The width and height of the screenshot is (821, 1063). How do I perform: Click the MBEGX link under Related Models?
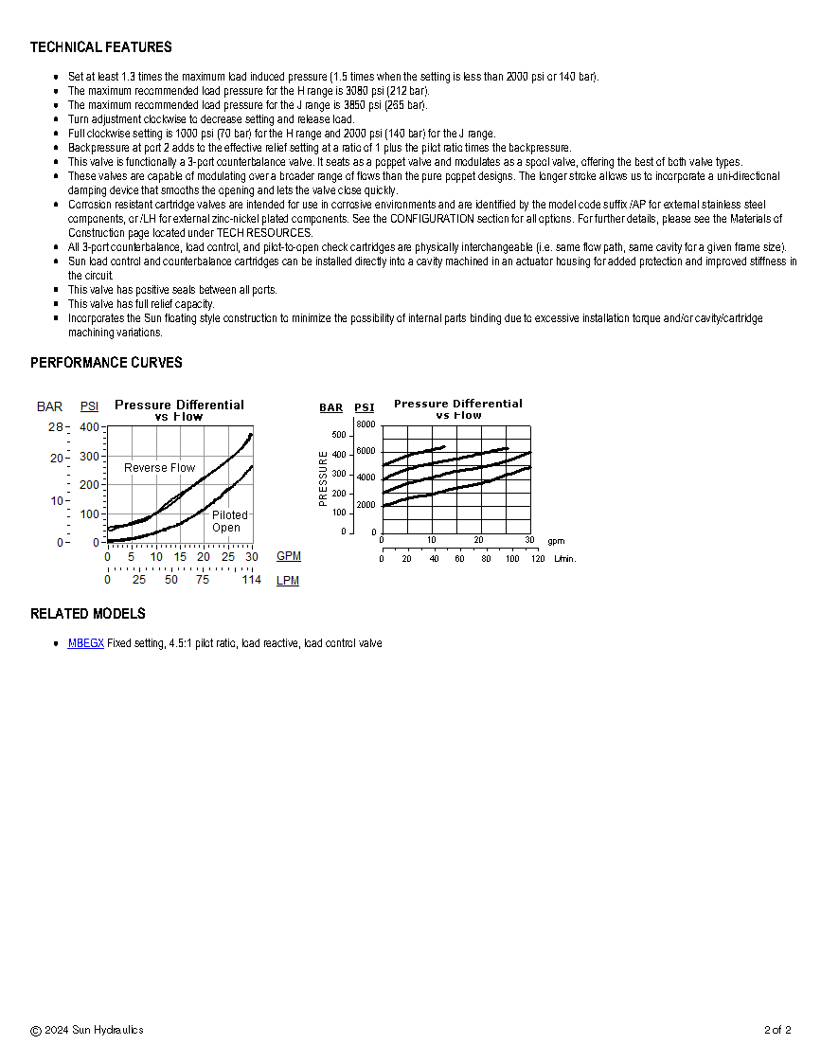(85, 643)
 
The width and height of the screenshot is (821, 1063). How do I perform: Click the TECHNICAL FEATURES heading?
(101, 47)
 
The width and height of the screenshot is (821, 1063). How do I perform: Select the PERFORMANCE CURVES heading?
(106, 363)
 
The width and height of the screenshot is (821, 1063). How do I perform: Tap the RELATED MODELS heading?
(88, 614)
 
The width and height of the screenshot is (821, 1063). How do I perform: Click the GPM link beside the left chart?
(289, 556)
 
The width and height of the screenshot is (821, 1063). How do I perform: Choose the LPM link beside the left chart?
(288, 581)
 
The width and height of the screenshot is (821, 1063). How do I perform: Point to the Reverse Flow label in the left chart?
(159, 468)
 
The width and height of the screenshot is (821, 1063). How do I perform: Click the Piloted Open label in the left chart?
(228, 521)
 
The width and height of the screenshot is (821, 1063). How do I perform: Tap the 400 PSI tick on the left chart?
(90, 427)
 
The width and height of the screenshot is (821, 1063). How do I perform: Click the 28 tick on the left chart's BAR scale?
(56, 427)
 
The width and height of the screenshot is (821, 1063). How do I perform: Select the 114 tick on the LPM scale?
(251, 580)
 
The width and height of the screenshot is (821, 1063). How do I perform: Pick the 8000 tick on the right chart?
(366, 424)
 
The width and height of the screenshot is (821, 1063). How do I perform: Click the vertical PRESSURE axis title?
(324, 478)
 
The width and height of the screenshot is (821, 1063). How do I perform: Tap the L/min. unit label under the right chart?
(564, 559)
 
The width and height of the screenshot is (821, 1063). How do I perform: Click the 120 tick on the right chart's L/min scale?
(537, 559)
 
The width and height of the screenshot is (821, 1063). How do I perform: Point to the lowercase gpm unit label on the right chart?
(556, 541)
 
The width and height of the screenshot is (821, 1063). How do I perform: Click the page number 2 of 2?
(777, 1030)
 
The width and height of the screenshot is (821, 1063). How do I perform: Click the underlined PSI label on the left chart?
(89, 406)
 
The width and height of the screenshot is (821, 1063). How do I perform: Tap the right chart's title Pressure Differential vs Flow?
(458, 409)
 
